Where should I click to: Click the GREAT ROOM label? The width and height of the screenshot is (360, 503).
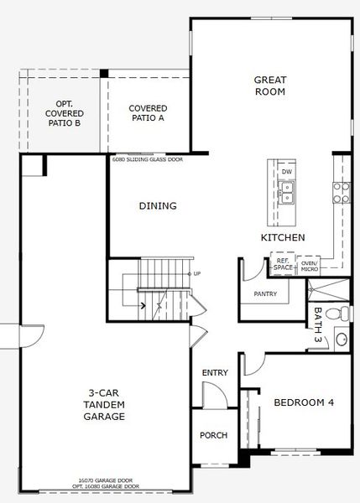coord(270,86)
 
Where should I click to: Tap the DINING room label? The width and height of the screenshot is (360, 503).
coord(157,206)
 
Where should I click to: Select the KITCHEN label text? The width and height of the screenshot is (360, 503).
coord(282,238)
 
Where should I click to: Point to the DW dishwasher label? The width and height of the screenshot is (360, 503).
coord(287,172)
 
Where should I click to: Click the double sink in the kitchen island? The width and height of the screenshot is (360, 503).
coord(286,195)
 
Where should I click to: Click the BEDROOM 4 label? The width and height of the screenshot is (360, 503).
coord(304,403)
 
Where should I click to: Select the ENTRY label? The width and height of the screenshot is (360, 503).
coord(215,373)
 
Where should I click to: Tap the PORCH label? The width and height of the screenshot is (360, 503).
coord(213,436)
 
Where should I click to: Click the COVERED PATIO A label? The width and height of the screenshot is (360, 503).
coord(148,114)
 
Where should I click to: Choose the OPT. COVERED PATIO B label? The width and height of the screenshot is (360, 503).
coord(65,112)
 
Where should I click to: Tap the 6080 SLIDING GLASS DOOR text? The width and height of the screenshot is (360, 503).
coord(147,158)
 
